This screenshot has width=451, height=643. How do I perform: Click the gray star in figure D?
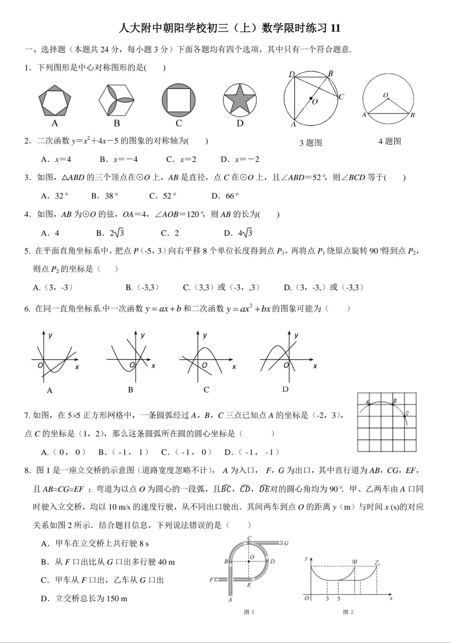pyautogui.click(x=240, y=100)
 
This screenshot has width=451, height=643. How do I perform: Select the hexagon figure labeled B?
pyautogui.click(x=117, y=100)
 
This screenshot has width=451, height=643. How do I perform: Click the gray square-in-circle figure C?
pyautogui.click(x=179, y=100)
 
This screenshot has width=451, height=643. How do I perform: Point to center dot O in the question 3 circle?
pyautogui.click(x=311, y=99)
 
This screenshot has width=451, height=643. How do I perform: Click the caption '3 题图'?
pyautogui.click(x=311, y=143)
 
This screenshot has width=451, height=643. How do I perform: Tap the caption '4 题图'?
pyautogui.click(x=390, y=142)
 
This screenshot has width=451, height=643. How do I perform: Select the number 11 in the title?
pyautogui.click(x=335, y=28)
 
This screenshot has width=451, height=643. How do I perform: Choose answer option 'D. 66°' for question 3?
pyautogui.click(x=225, y=196)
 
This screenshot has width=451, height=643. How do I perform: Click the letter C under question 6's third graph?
pyautogui.click(x=206, y=390)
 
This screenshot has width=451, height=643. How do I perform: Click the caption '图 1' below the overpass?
pyautogui.click(x=249, y=612)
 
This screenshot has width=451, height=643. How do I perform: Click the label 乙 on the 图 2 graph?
pyautogui.click(x=377, y=563)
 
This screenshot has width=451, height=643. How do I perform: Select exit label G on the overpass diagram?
pyautogui.click(x=286, y=543)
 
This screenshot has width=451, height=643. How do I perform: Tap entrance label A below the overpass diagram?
pyautogui.click(x=230, y=600)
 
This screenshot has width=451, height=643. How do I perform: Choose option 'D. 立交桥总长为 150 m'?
pyautogui.click(x=84, y=599)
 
